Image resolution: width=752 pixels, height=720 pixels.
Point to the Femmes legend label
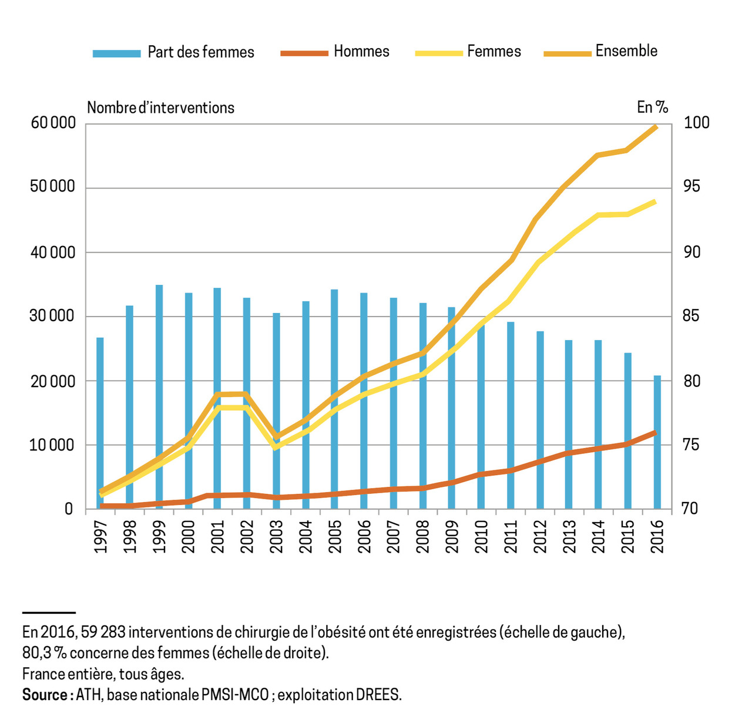[494, 52]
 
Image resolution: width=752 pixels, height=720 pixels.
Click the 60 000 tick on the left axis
[53, 123]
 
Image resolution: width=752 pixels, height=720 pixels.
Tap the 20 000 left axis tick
[53, 381]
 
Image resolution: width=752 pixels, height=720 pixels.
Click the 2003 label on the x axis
[276, 537]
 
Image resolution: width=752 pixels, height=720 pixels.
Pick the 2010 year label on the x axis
[481, 537]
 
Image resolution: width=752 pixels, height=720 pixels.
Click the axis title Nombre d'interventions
[160, 108]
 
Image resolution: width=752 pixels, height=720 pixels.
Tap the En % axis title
[652, 107]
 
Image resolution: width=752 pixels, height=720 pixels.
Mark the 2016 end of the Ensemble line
[656, 127]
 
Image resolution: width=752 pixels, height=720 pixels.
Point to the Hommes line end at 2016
[656, 433]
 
